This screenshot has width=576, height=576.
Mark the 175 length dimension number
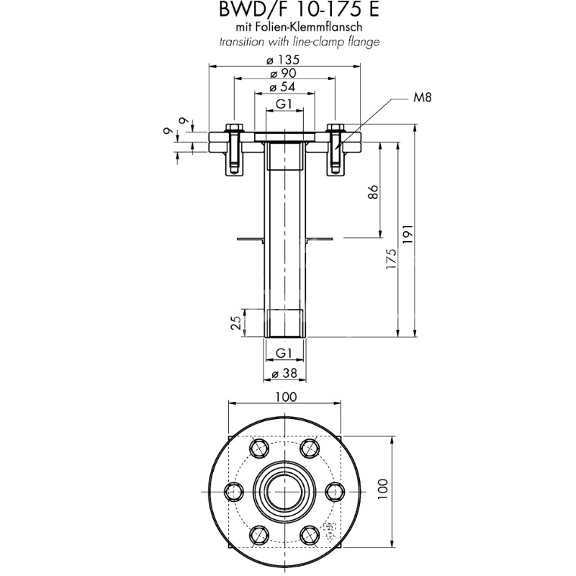pos(391,259)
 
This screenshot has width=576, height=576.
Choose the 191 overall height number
pos(410,234)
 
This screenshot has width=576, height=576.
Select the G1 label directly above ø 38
pos(284,353)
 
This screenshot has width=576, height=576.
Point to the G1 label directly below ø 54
pos(284,104)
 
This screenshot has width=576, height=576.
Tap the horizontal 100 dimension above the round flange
pos(286,396)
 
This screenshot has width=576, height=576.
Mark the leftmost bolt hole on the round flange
pos(233,491)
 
